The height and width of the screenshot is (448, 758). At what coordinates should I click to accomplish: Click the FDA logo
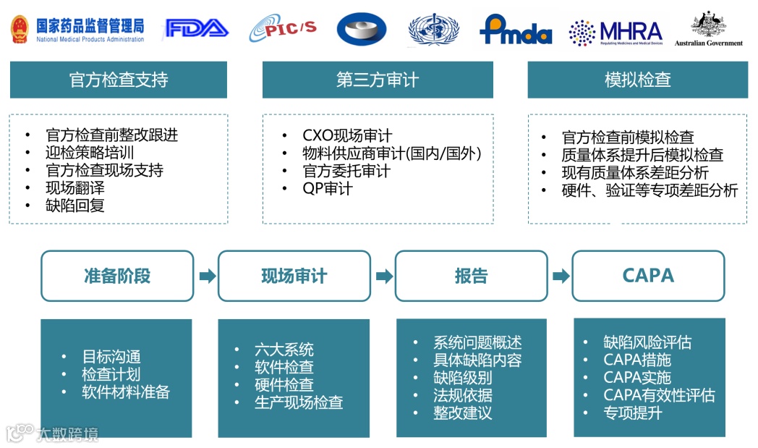pos(197,28)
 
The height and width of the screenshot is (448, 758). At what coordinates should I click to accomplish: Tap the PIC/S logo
pos(283,30)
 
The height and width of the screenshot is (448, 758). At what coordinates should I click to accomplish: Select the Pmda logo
pos(515,30)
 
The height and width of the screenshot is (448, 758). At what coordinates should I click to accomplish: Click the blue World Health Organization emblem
pos(433,30)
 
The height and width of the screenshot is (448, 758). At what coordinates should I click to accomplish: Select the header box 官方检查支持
pos(118,80)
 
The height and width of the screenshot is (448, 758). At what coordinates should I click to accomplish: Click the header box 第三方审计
pos(378,80)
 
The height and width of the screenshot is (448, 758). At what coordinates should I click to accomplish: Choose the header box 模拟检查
pos(637,80)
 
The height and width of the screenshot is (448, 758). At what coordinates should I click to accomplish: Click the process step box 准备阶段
pos(117,276)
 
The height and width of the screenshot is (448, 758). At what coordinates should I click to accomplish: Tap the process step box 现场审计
pos(294,276)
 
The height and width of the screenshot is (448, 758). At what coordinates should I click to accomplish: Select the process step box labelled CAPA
pos(648,276)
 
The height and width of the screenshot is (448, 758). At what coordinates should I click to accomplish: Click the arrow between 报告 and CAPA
pos(560,276)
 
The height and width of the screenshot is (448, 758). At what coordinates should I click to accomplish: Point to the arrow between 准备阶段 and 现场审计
pos(206,276)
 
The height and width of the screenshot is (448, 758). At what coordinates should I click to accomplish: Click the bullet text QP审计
pos(328,189)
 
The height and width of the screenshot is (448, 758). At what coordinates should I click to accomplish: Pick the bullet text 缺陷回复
pos(75,206)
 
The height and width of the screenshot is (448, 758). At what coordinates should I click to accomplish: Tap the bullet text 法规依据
pos(463,396)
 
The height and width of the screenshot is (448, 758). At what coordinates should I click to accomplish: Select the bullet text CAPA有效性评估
pos(659,396)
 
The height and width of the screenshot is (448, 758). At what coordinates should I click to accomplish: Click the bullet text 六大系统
pos(284,350)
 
